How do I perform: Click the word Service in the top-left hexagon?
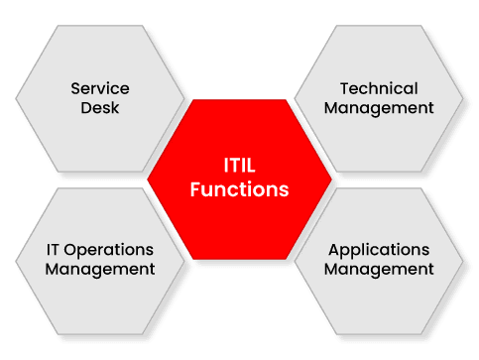pyautogui.click(x=100, y=88)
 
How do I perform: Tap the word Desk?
pyautogui.click(x=100, y=107)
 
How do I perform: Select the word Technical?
pyautogui.click(x=379, y=88)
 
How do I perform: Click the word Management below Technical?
pyautogui.click(x=379, y=107)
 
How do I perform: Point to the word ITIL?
pyautogui.click(x=240, y=168)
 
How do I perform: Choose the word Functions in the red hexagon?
pyautogui.click(x=240, y=188)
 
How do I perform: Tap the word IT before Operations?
pyautogui.click(x=56, y=249)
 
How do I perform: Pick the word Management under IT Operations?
pyautogui.click(x=100, y=268)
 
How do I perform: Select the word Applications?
pyautogui.click(x=379, y=249)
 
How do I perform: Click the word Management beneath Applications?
pyautogui.click(x=379, y=268)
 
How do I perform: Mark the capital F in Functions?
pyautogui.click(x=196, y=188)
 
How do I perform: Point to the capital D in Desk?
pyautogui.click(x=86, y=107)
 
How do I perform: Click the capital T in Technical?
pyautogui.click(x=344, y=88)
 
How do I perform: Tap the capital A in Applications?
pyautogui.click(x=334, y=249)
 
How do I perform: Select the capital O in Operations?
pyautogui.click(x=75, y=249)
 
